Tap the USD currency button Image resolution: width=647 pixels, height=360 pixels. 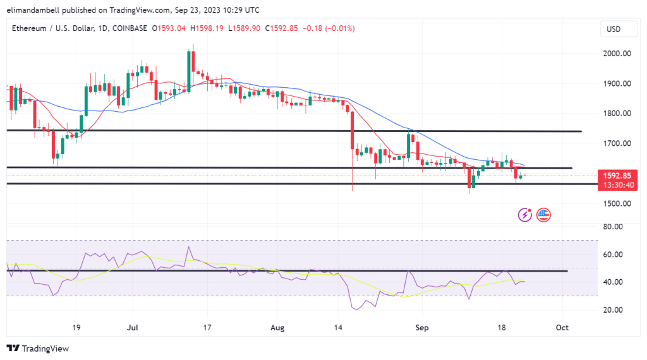click(x=614, y=29)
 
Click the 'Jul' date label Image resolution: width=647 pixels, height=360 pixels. click(x=133, y=328)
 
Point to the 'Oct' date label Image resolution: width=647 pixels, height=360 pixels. click(x=562, y=328)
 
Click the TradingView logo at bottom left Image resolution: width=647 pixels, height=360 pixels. click(x=37, y=348)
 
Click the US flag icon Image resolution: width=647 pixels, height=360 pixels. click(x=543, y=215)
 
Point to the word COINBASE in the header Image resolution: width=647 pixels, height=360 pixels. click(x=129, y=28)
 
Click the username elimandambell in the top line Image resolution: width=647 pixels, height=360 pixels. click(x=35, y=10)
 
